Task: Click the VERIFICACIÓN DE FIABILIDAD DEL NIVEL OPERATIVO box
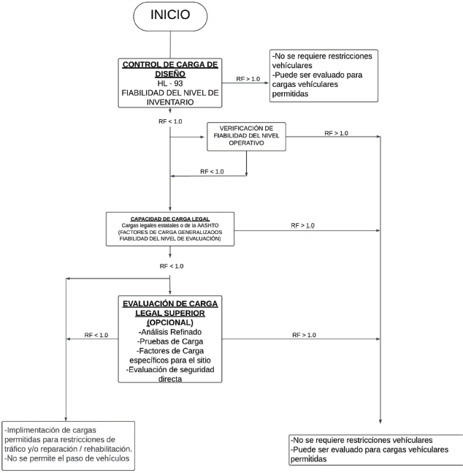(x=246, y=135)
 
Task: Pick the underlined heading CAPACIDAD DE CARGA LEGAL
(x=170, y=219)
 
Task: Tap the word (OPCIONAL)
(x=170, y=322)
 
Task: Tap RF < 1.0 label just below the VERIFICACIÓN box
(x=212, y=171)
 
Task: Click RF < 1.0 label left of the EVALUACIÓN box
(x=96, y=335)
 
